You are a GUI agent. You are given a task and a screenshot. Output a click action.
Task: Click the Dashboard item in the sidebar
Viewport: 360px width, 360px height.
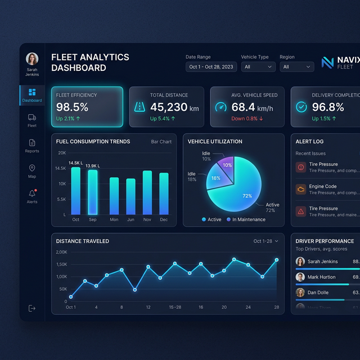32,95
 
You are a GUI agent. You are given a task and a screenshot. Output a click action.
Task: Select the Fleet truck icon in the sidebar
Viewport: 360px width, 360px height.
32,118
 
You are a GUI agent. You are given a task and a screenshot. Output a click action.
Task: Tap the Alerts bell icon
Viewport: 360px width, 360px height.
32,193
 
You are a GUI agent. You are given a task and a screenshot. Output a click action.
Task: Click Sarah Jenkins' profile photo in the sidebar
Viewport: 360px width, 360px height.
32,59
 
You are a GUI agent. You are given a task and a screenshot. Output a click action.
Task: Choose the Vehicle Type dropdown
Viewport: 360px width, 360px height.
258,67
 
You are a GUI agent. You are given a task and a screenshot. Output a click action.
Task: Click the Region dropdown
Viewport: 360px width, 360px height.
297,67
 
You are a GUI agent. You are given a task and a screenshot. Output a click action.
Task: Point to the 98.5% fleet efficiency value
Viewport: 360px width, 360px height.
72,107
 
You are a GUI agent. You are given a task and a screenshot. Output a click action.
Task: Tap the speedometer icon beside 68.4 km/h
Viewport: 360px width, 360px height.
221,107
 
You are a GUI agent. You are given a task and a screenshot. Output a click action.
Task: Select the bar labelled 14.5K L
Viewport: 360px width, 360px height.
76,191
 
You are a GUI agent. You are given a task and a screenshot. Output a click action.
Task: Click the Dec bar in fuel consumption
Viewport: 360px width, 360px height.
164,193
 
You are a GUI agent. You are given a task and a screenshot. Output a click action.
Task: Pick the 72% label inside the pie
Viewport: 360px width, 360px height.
247,196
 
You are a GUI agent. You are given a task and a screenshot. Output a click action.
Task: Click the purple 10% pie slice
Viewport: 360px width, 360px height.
227,165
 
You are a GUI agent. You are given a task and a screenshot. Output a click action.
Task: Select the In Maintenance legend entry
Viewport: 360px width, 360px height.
246,219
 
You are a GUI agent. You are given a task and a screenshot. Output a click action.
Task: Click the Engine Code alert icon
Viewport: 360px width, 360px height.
301,189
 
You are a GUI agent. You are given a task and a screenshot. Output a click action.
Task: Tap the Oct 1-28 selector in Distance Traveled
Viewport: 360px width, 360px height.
265,241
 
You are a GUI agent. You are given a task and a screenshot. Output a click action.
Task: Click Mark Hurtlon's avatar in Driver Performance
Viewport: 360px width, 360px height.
300,277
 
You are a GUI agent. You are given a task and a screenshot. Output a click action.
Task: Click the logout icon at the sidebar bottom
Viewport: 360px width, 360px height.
32,308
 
